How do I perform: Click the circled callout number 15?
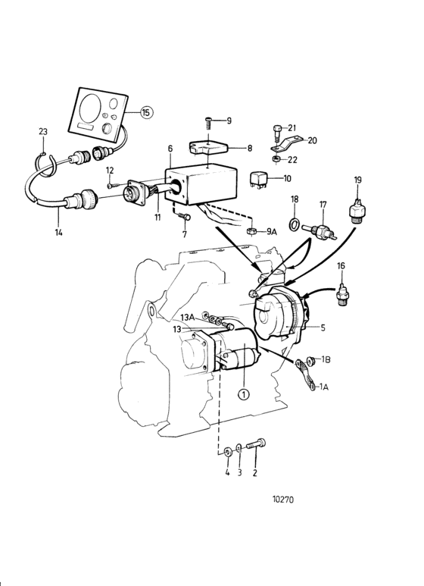[146, 112]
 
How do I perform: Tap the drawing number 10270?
[283, 500]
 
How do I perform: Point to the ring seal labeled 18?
[294, 224]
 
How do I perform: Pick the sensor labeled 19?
[357, 211]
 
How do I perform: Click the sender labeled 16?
[341, 296]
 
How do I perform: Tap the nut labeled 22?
[276, 160]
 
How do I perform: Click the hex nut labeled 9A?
[251, 231]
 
